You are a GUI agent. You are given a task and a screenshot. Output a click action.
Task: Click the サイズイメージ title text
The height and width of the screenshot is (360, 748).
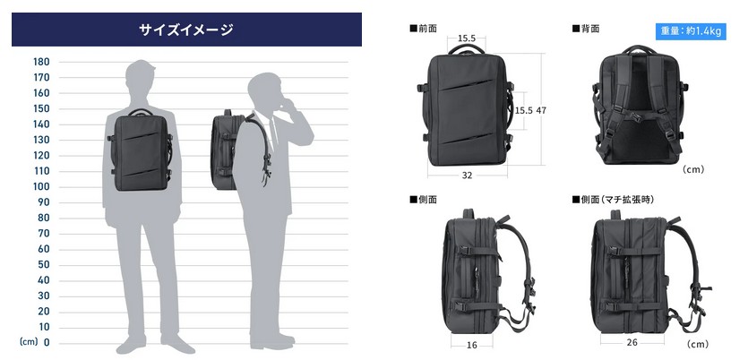coord(186,30)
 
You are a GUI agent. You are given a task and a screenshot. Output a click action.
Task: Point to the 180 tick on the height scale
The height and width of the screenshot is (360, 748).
coord(41,62)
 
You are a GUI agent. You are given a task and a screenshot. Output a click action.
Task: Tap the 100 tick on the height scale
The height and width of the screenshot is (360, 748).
coord(41,186)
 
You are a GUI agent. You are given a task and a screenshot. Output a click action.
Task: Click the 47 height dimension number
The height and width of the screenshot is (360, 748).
coord(541,110)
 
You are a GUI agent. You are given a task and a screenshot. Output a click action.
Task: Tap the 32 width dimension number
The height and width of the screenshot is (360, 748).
coord(468,176)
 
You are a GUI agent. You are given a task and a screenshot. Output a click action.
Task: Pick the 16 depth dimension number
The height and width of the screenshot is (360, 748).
coord(472,342)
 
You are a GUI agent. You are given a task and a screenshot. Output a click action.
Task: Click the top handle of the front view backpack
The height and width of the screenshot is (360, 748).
coord(465,52)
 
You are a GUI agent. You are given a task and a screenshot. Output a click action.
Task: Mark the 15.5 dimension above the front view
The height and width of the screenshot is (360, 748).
coord(466,39)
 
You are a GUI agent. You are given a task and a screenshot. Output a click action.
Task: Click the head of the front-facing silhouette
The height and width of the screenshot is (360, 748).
coord(143,77)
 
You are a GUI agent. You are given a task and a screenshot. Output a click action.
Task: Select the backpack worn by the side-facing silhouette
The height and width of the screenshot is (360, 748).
coord(227,150)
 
